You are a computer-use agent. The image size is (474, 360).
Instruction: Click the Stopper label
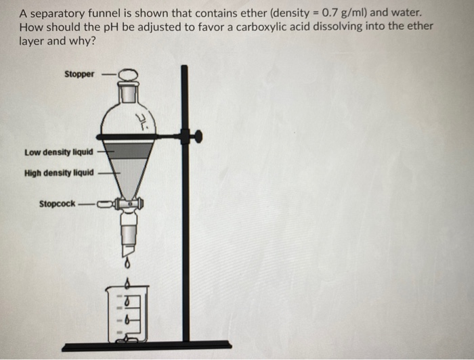tap(79, 74)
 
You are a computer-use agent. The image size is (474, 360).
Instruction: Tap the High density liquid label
tap(59, 173)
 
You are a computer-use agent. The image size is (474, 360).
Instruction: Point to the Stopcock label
tap(57, 203)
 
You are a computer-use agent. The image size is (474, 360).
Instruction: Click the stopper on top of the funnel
tap(128, 75)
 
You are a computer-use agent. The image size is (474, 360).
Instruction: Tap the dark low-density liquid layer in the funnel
tap(129, 150)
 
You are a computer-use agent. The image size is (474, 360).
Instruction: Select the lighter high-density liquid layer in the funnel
tap(128, 173)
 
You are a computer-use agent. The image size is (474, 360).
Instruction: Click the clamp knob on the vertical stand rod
tap(197, 137)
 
